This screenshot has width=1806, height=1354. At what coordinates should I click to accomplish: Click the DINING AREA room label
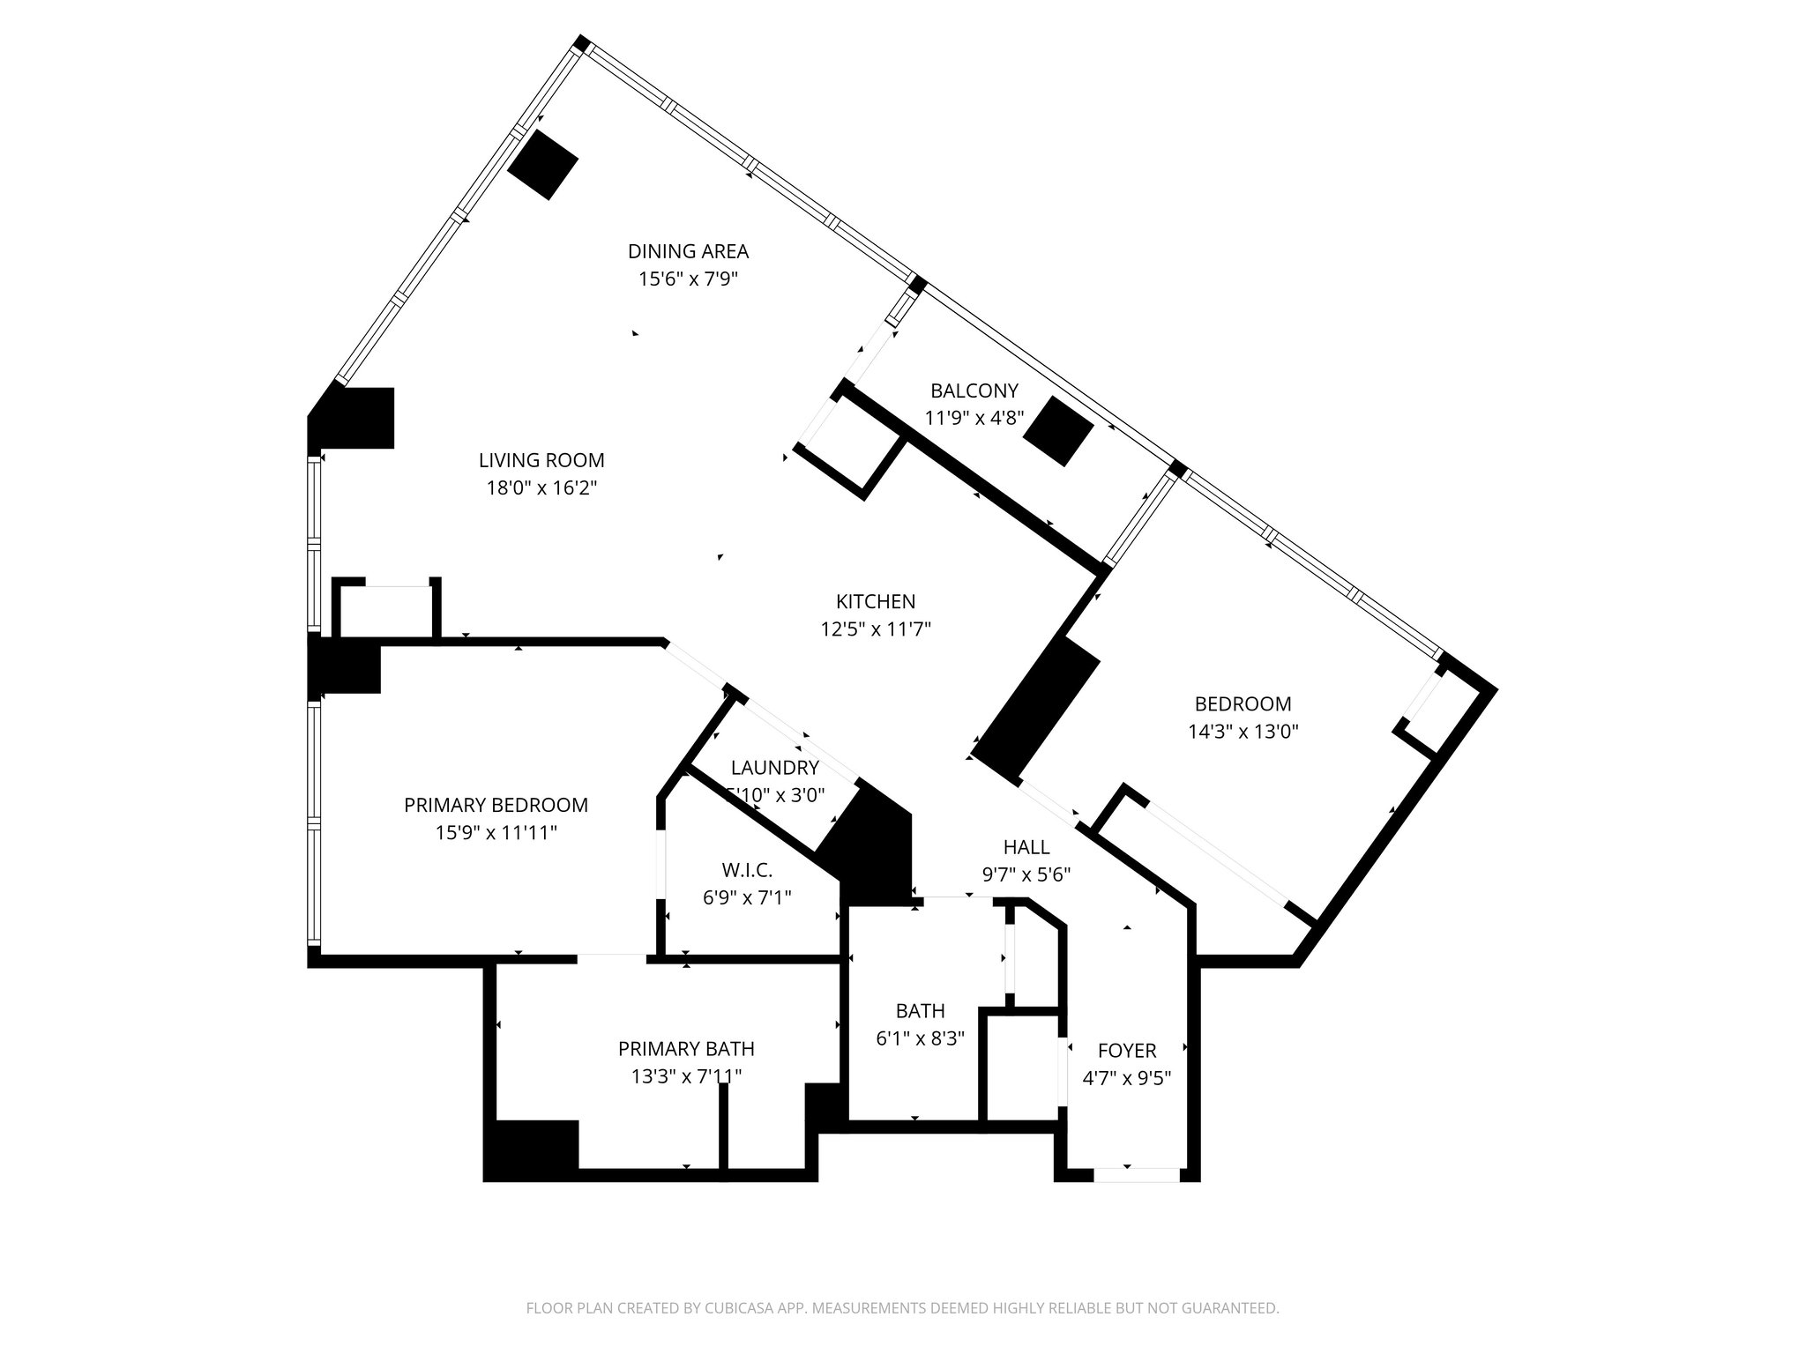point(688,251)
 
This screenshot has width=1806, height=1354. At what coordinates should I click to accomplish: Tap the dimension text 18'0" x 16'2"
point(541,487)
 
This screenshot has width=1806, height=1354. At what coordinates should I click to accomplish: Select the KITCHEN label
point(876,601)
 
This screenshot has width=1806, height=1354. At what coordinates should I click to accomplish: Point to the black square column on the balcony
point(1058,430)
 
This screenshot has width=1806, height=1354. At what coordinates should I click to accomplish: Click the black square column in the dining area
point(542,165)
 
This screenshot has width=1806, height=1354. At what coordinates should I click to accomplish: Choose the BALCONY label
point(974,391)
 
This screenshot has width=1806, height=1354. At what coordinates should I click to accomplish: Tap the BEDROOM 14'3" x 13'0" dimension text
point(1243,731)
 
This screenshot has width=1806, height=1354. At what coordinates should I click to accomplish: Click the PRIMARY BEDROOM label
point(496,805)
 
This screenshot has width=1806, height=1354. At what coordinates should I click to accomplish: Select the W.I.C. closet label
point(747,871)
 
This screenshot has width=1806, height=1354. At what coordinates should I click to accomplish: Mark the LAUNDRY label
point(775,768)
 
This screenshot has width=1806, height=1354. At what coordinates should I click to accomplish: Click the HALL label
point(1026,847)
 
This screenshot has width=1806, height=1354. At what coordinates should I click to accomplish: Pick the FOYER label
point(1127,1051)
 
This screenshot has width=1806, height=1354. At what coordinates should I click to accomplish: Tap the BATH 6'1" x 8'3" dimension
point(920,1038)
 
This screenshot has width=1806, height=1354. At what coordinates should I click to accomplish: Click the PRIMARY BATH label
point(686,1049)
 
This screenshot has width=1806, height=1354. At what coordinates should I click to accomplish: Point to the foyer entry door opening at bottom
point(1136,1174)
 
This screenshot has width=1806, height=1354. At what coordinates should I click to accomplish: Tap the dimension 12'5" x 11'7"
point(876,629)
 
